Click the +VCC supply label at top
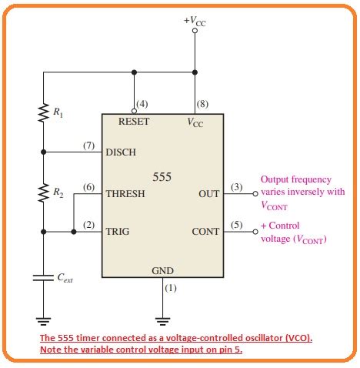click(x=195, y=21)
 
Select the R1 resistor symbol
click(x=43, y=112)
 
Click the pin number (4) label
click(x=142, y=104)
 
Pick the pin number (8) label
click(x=202, y=104)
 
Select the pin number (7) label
click(x=88, y=145)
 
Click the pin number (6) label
click(x=88, y=187)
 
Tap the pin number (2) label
click(x=88, y=224)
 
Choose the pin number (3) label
click(x=237, y=187)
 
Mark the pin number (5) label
click(x=237, y=224)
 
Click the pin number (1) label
click(x=171, y=288)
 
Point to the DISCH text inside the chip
click(x=122, y=152)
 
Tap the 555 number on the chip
click(x=162, y=176)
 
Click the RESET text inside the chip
click(x=134, y=122)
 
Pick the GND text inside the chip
click(x=162, y=270)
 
